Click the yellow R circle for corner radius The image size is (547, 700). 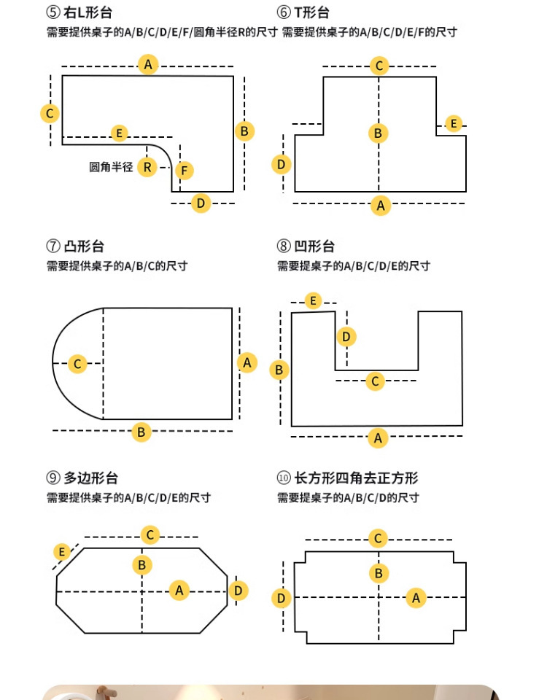pyautogui.click(x=147, y=168)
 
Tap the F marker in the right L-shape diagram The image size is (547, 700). pyautogui.click(x=184, y=170)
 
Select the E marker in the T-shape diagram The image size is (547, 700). pyautogui.click(x=454, y=123)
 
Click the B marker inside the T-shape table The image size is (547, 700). pyautogui.click(x=379, y=133)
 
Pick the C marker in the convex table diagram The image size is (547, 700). pyautogui.click(x=77, y=363)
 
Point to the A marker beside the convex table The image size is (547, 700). pyautogui.click(x=247, y=362)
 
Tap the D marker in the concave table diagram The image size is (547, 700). pyautogui.click(x=346, y=337)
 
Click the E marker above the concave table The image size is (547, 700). pyautogui.click(x=313, y=300)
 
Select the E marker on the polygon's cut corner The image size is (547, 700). pyautogui.click(x=61, y=552)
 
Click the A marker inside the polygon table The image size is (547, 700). pyautogui.click(x=179, y=591)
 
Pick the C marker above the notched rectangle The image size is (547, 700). pyautogui.click(x=379, y=538)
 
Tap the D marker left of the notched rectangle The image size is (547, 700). pyautogui.click(x=282, y=598)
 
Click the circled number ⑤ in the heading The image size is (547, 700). pyautogui.click(x=53, y=12)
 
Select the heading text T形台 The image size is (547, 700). pyautogui.click(x=311, y=12)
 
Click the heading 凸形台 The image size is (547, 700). pyautogui.click(x=85, y=246)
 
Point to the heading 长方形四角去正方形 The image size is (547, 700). pyautogui.click(x=356, y=478)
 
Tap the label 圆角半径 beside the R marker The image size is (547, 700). pyautogui.click(x=111, y=167)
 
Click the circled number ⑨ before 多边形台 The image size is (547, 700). pyautogui.click(x=53, y=478)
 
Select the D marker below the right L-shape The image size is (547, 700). pyautogui.click(x=201, y=203)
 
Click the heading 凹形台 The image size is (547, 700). pyautogui.click(x=314, y=246)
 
